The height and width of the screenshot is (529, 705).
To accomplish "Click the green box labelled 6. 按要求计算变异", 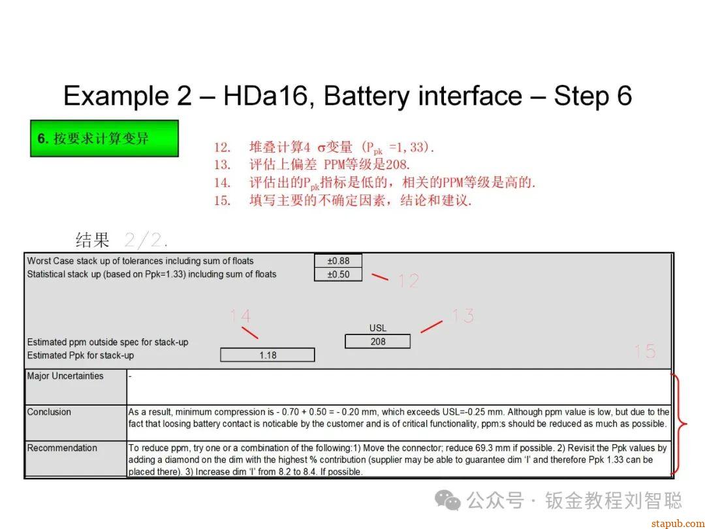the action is coord(104,138).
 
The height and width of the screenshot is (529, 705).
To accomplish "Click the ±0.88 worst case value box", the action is coord(338,261).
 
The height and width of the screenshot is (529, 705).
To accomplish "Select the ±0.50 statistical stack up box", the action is coord(338,274).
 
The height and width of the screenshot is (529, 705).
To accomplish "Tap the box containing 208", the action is coord(378,342).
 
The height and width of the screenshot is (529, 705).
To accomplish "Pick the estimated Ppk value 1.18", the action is coord(268,355).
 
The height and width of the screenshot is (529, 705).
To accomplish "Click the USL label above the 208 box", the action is coord(378,328).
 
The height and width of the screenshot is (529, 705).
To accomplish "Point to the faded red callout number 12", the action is coord(409,281).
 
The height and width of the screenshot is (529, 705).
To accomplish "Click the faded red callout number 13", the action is coord(463,316).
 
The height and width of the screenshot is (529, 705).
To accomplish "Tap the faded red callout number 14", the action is coord(240,316).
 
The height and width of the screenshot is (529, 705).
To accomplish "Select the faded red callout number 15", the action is coord(645,351).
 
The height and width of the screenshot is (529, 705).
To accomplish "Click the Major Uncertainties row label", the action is coord(65,376).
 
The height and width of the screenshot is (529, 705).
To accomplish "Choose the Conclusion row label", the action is coord(49,412).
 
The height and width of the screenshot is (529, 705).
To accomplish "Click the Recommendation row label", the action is coord(62,448).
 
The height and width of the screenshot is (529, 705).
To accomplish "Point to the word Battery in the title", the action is coord(366,96).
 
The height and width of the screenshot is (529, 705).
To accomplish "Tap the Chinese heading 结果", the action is coord(93,240).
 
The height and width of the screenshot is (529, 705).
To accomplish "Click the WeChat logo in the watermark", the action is coord(447,500).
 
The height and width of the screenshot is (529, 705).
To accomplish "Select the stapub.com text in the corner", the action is coord(678,523).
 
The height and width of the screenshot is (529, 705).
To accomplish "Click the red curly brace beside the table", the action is coord(679,423).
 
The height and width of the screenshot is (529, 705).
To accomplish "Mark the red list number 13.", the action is coord(222,165).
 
